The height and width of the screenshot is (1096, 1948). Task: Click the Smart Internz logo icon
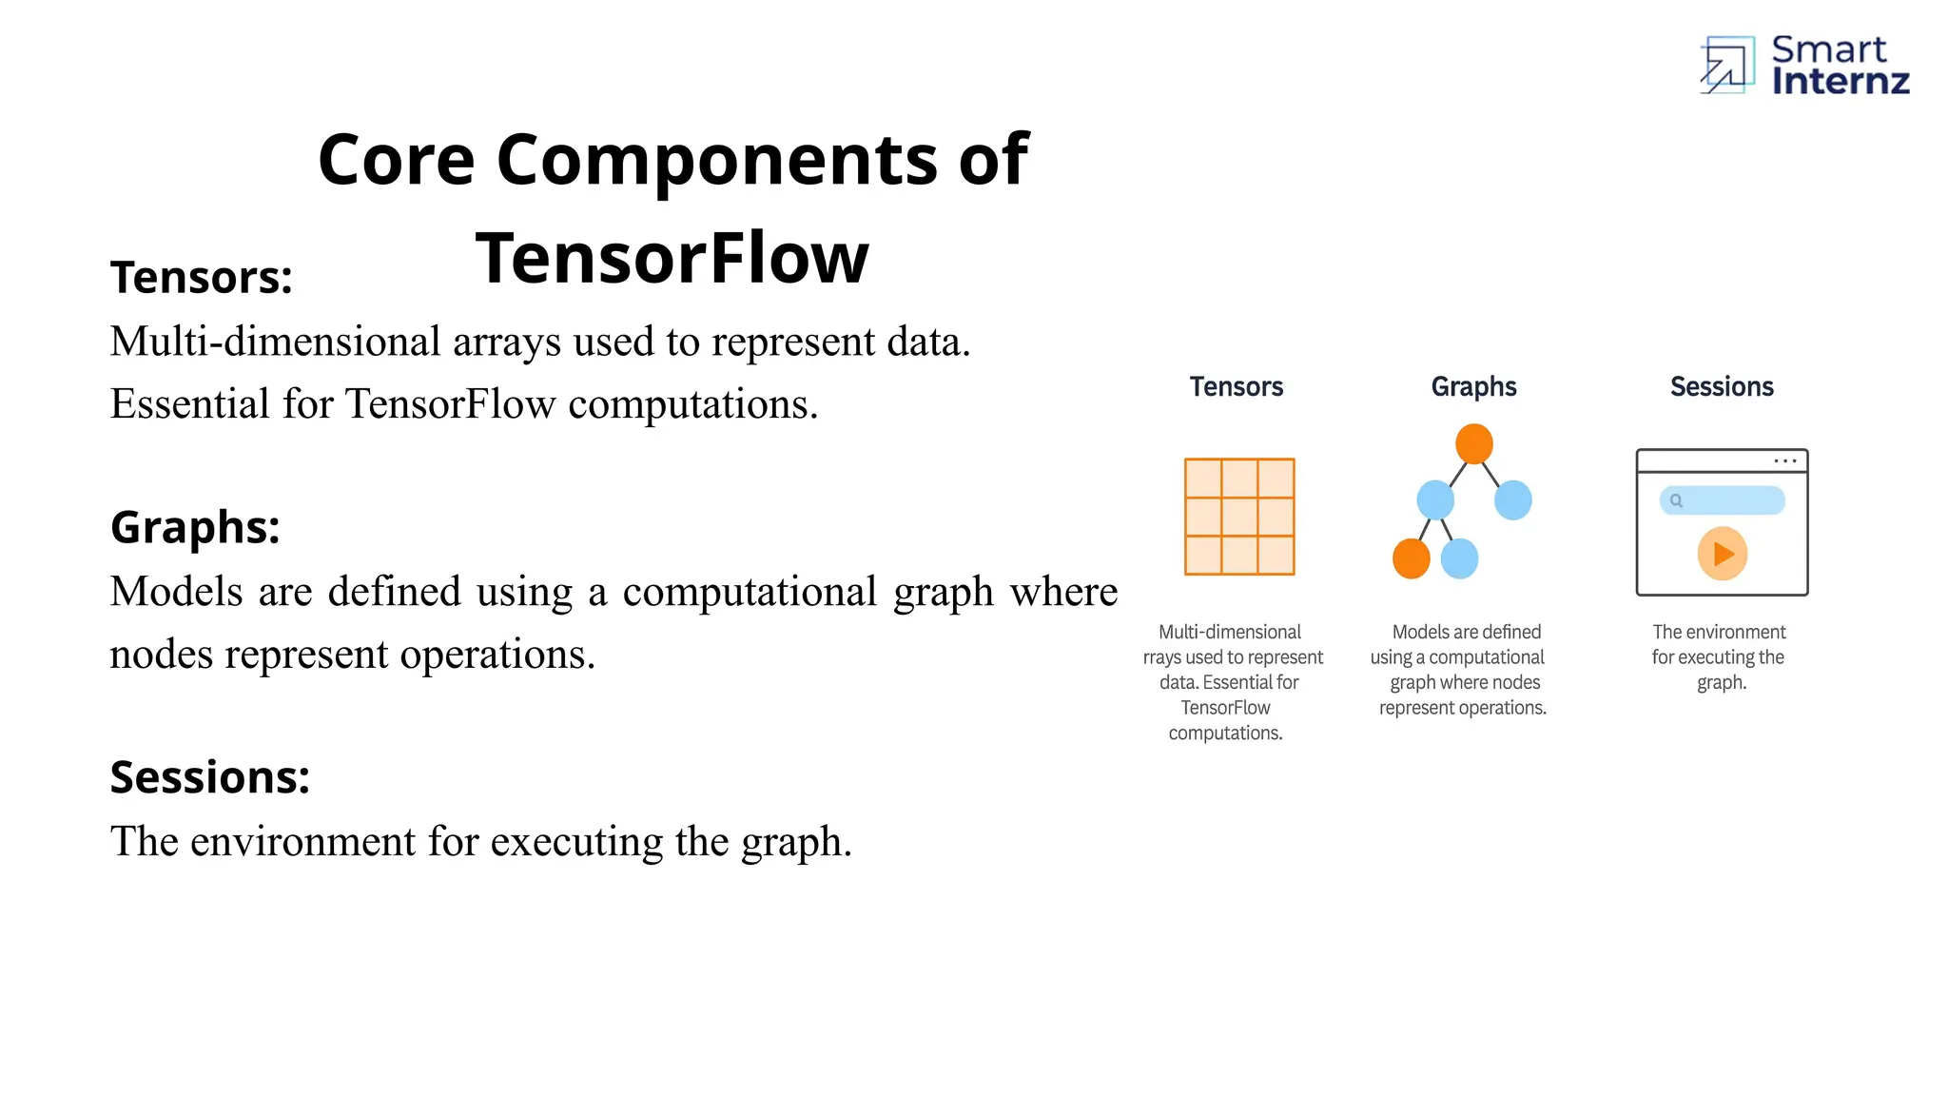point(1727,65)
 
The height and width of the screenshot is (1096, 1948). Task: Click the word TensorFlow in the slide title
point(672,258)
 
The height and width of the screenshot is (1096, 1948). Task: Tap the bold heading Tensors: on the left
point(202,278)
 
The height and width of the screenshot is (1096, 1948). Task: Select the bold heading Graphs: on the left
point(195,527)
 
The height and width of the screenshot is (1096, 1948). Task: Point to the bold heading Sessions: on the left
point(210,777)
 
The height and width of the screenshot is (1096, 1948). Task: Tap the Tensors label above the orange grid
point(1236,386)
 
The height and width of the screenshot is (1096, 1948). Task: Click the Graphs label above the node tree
point(1473,386)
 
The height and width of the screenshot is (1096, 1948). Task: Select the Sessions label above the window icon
point(1722,386)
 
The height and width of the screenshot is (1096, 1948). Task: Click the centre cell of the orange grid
point(1239,517)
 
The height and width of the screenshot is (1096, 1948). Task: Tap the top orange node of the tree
point(1473,444)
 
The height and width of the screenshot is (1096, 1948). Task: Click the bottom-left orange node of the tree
point(1412,558)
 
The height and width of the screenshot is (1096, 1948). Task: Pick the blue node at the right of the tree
point(1512,499)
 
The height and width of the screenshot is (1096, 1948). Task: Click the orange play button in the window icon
point(1722,554)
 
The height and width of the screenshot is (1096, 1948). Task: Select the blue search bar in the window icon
point(1722,500)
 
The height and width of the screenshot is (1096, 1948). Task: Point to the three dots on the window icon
point(1784,461)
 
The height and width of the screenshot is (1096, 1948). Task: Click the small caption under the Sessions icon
point(1720,657)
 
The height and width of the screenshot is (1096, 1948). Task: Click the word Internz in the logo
point(1840,82)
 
